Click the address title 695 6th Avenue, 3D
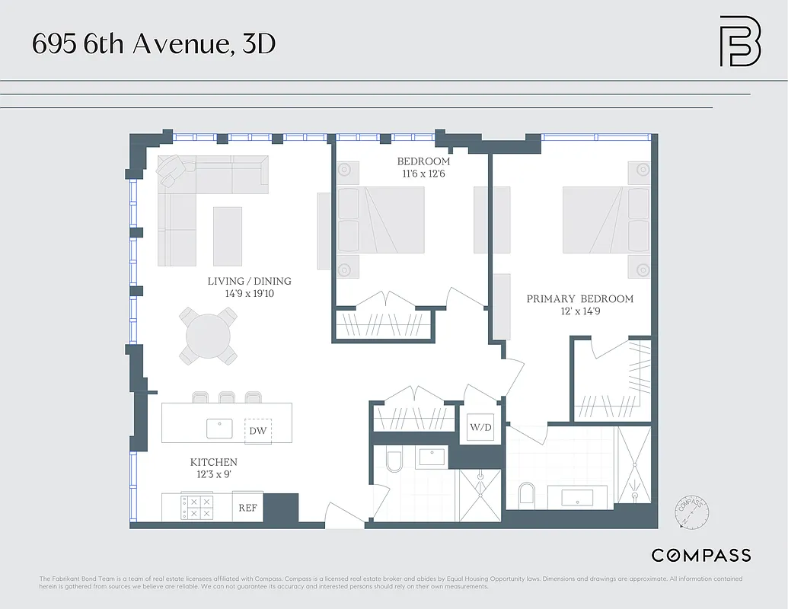(153, 44)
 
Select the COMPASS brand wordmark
(700, 555)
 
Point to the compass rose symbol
(691, 512)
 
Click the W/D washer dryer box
(480, 428)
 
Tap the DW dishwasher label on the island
(257, 431)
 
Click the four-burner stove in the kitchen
(199, 508)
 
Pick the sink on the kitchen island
(220, 429)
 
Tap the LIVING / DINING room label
(249, 281)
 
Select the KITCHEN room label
(213, 462)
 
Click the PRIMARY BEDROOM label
(579, 299)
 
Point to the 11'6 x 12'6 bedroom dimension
(423, 174)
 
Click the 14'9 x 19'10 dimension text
(249, 293)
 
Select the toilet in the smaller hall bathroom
(394, 462)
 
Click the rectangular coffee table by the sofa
(227, 235)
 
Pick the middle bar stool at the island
(227, 397)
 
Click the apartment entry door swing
(343, 515)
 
